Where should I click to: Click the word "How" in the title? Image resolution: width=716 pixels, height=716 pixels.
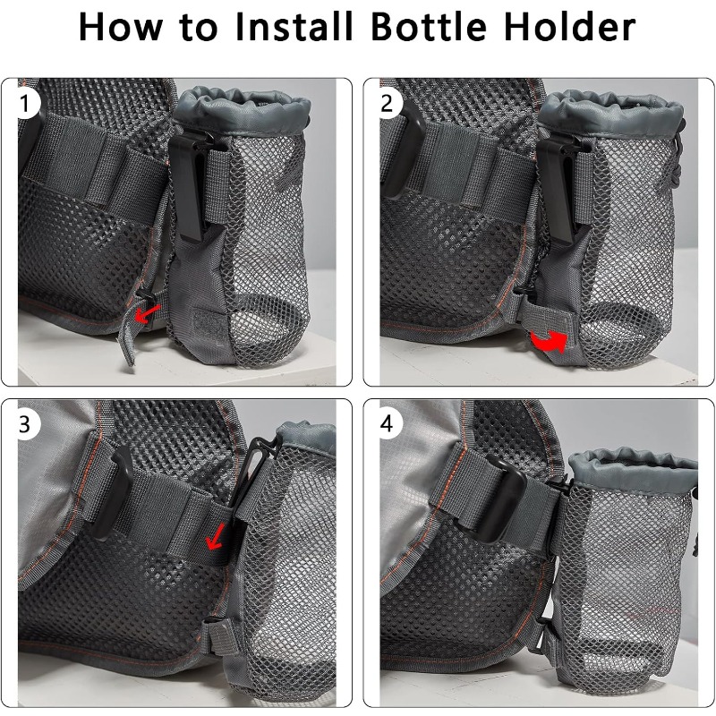[121, 28]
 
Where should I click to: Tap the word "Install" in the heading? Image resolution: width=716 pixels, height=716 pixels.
[294, 27]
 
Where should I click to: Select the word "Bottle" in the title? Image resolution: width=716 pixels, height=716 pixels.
[430, 27]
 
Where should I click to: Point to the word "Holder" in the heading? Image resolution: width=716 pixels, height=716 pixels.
[570, 27]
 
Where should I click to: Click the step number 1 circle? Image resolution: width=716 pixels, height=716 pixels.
[25, 103]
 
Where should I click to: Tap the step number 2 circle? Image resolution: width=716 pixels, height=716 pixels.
[388, 103]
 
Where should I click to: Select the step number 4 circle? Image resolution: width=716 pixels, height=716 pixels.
[388, 424]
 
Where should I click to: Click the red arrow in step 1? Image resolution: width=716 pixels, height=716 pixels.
[146, 314]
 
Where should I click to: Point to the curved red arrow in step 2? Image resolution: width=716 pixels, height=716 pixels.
[549, 341]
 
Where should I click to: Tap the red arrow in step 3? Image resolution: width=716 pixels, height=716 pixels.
[215, 536]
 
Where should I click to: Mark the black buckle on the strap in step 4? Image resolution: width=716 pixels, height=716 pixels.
[503, 499]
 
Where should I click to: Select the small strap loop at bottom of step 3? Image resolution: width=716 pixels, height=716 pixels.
[220, 636]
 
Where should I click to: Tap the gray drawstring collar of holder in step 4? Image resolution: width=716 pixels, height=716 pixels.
[634, 468]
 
